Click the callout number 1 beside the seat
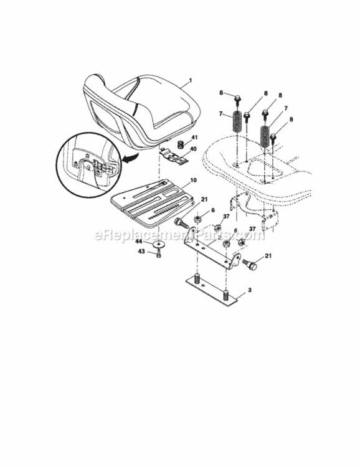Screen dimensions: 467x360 click(x=191, y=81)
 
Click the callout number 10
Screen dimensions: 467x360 click(x=194, y=180)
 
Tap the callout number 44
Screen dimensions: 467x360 click(x=140, y=242)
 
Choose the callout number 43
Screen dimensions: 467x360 click(x=140, y=251)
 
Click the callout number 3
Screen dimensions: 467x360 click(x=250, y=290)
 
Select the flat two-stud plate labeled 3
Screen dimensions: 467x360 click(x=212, y=293)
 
